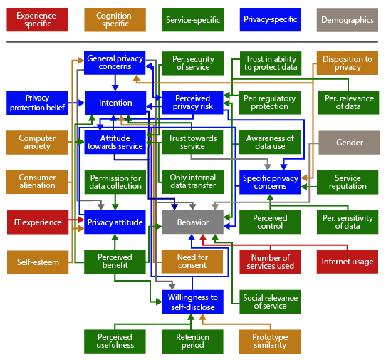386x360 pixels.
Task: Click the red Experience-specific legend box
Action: pyautogui.click(x=38, y=20)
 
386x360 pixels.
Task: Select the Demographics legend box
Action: pyautogui.click(x=348, y=20)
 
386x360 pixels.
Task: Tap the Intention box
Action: pyautogui.click(x=115, y=103)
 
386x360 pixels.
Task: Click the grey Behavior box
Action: pyautogui.click(x=193, y=222)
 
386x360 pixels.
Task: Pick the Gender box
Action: pyautogui.click(x=349, y=143)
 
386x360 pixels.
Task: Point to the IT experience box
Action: pyautogui.click(x=38, y=222)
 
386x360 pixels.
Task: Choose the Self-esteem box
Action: pyautogui.click(x=38, y=262)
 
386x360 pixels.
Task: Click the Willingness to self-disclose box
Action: pyautogui.click(x=193, y=302)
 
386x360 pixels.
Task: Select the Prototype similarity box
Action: pyautogui.click(x=270, y=341)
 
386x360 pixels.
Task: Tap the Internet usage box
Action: pyautogui.click(x=348, y=262)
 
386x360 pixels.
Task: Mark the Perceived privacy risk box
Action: pyautogui.click(x=192, y=103)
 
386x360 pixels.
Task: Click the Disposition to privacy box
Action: pyautogui.click(x=348, y=63)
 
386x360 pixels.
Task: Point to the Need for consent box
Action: pyautogui.click(x=192, y=262)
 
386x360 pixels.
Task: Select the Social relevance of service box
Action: pyautogui.click(x=271, y=302)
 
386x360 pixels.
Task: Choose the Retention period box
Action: pyautogui.click(x=192, y=341)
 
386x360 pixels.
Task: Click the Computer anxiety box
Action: pyautogui.click(x=37, y=143)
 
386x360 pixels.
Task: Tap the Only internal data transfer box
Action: pyautogui.click(x=193, y=182)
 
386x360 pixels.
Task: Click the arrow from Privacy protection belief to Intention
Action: pyautogui.click(x=76, y=103)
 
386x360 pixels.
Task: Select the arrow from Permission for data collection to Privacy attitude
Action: pyautogui.click(x=115, y=202)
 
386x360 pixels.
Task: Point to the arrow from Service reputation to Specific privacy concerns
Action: pyautogui.click(x=309, y=187)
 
